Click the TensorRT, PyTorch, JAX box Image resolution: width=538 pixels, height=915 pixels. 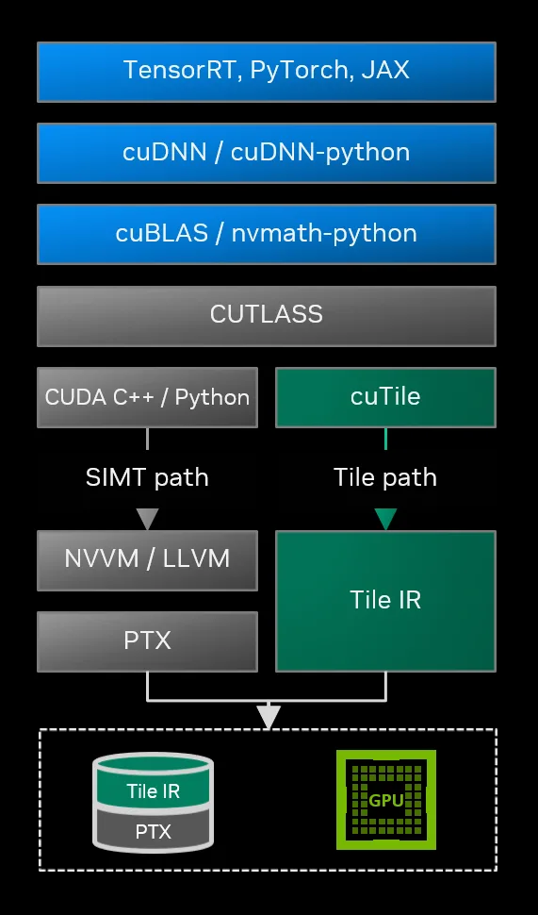tap(267, 71)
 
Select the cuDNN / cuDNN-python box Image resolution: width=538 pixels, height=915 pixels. tap(267, 152)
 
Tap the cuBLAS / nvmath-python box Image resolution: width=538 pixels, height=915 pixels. tap(267, 233)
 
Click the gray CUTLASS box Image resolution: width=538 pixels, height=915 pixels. tap(267, 315)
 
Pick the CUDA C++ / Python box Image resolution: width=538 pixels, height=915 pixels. tap(147, 397)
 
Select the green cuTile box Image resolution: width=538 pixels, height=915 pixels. tap(385, 397)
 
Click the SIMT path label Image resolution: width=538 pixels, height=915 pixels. tap(147, 477)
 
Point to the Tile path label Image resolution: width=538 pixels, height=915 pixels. tap(385, 477)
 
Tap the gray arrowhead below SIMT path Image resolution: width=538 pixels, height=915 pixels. tap(147, 519)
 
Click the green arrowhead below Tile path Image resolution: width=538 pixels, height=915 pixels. tap(385, 519)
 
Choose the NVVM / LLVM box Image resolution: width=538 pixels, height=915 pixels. tap(147, 558)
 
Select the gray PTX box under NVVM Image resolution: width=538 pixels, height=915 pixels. tap(147, 641)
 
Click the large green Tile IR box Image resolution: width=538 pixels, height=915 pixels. tap(385, 600)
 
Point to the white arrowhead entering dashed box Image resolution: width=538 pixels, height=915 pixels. tap(269, 717)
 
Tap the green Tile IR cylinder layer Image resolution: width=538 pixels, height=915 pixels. tap(153, 790)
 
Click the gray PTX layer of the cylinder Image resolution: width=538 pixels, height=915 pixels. tap(153, 830)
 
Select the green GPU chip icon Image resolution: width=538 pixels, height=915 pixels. tap(385, 800)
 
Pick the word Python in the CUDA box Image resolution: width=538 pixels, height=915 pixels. tap(213, 397)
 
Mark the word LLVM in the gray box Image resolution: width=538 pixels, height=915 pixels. tap(196, 558)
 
